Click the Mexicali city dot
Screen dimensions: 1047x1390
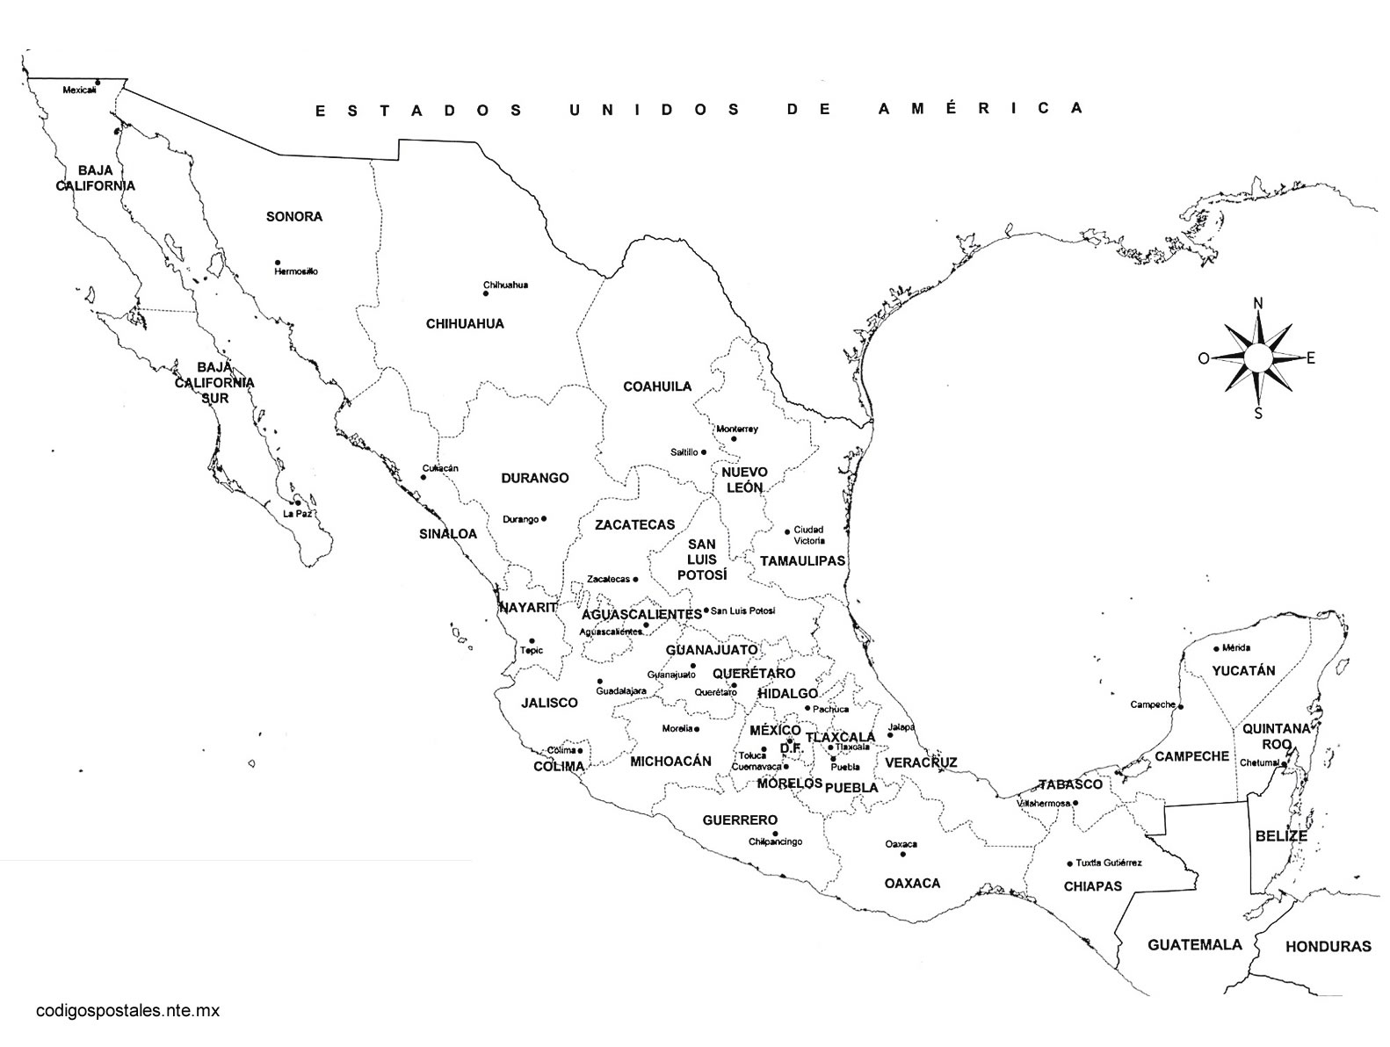pos(98,83)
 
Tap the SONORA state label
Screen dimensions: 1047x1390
pos(294,216)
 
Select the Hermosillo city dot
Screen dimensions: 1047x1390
pos(278,262)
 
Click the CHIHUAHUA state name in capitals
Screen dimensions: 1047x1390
pos(465,323)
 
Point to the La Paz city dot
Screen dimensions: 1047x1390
pos(298,502)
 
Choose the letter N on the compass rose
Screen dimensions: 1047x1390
pos(1257,304)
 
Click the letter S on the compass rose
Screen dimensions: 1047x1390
pos(1258,414)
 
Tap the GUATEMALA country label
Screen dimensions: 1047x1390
pos(1195,944)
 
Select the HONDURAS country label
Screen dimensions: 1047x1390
pos(1328,946)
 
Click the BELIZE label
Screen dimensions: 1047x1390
pos(1281,835)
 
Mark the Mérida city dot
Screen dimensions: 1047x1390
pos(1217,648)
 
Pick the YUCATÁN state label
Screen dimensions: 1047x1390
pos(1243,670)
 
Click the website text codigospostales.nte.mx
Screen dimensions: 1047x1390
pos(127,1010)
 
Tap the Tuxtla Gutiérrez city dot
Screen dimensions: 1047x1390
pos(1069,863)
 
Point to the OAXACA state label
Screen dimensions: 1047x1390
pos(912,883)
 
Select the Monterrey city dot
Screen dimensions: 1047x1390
pos(734,438)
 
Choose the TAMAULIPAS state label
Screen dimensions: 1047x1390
pos(802,560)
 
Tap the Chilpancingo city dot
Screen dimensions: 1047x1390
pos(775,833)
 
